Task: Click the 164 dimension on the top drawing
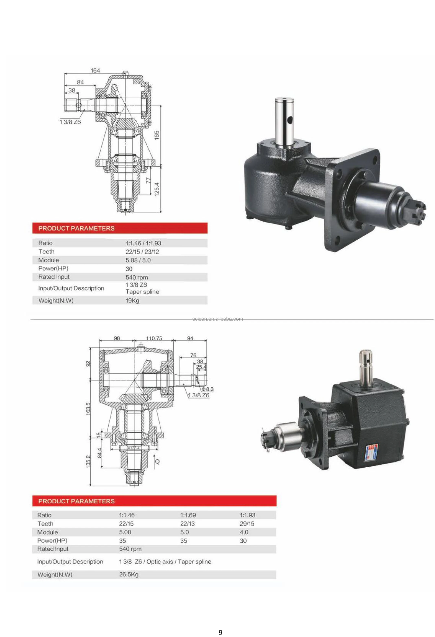coord(95,70)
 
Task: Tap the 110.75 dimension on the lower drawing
coord(154,338)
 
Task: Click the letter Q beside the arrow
coord(157,461)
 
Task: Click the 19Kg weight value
coord(132,300)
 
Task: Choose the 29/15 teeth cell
coord(247,524)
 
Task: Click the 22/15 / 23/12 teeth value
coord(142,252)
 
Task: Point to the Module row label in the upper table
coord(48,260)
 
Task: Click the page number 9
coord(220,632)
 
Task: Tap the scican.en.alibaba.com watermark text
coord(217,319)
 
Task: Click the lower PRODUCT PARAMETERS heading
coord(77,501)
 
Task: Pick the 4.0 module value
coord(244,532)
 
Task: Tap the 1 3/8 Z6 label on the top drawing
coord(70,122)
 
